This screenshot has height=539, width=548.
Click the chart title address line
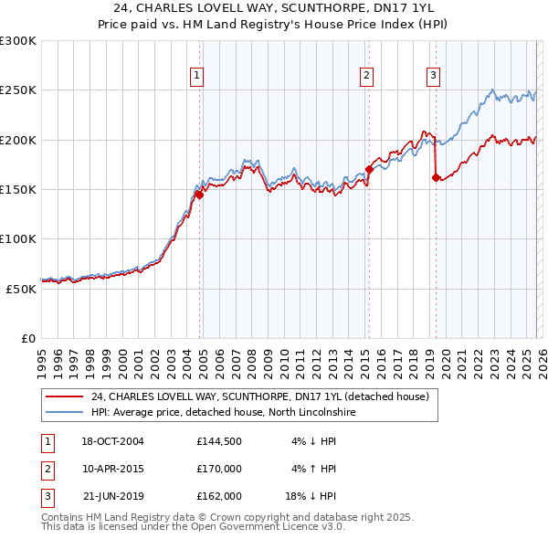click(274, 9)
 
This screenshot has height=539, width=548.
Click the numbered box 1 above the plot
click(197, 76)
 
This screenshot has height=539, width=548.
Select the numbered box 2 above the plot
click(366, 76)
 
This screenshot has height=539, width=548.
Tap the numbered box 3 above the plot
click(433, 76)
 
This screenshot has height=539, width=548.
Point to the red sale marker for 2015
click(369, 169)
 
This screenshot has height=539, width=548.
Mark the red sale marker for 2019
click(436, 177)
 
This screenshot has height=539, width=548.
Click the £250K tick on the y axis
click(18, 90)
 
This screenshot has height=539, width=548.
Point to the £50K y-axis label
click(22, 288)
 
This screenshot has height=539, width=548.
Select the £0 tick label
click(28, 337)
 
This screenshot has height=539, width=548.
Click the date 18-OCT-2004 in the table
click(112, 441)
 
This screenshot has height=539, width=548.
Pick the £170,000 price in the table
click(218, 469)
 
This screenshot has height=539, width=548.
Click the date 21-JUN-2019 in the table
click(112, 496)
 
